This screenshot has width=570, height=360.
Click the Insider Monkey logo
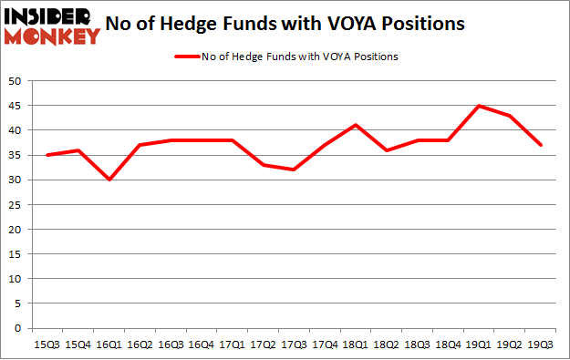[52, 26]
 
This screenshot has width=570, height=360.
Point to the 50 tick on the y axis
[16, 81]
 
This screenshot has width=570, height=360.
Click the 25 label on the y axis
[16, 205]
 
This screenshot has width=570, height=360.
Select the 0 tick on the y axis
[19, 328]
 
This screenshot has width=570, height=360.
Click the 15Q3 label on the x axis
[47, 344]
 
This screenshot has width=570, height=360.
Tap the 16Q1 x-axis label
[109, 344]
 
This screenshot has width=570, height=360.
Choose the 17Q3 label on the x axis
[293, 344]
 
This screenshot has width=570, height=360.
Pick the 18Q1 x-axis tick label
[355, 344]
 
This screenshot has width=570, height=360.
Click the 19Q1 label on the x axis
[478, 344]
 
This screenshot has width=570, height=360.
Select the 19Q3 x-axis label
[539, 344]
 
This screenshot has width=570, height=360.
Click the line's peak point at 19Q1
[478, 106]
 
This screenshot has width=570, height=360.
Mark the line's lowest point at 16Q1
[109, 180]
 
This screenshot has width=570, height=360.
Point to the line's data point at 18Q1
[355, 125]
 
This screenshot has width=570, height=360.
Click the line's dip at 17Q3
[293, 170]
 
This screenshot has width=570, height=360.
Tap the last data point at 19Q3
[539, 145]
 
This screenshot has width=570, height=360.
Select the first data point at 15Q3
[47, 155]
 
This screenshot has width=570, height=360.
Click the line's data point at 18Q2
[386, 150]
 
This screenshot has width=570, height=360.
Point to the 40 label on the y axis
[16, 130]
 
